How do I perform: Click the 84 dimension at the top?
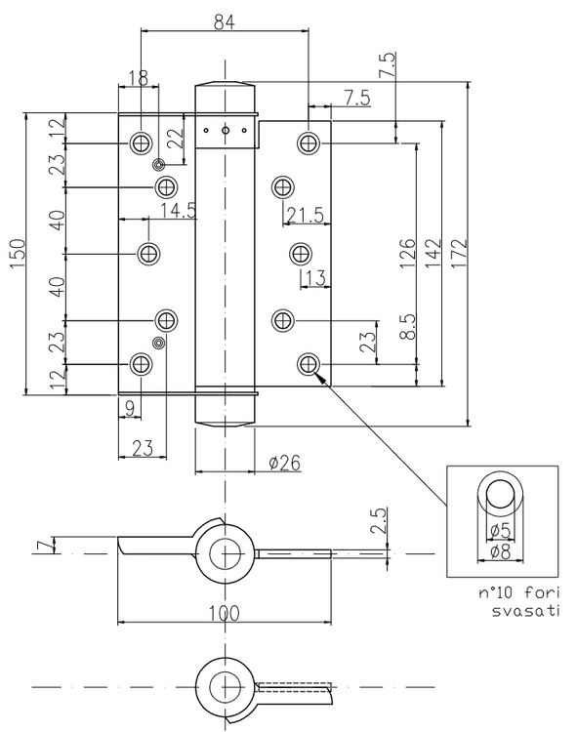point(225,22)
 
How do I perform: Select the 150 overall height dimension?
point(18,254)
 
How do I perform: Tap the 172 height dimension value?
point(460,254)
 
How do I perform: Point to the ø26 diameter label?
point(285,463)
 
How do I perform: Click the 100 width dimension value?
point(225,613)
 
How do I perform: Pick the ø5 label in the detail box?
point(500,530)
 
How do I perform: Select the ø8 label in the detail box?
point(500,552)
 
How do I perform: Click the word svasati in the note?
point(525,611)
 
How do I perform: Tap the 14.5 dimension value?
point(179,211)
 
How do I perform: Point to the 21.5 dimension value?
point(306,216)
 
